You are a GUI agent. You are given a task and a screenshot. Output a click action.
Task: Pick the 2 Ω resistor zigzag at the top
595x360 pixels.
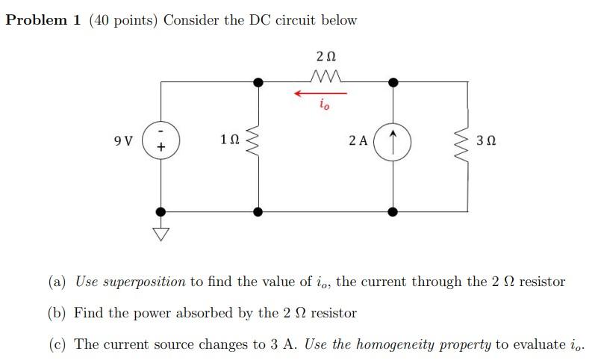(325, 76)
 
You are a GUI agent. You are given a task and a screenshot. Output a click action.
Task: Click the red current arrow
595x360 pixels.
(320, 93)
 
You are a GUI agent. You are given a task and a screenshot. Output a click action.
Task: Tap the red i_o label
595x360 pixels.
(323, 106)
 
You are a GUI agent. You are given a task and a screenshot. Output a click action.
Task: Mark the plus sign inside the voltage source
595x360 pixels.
(160, 149)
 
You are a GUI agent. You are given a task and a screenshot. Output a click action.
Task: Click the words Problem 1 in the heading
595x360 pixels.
(43, 20)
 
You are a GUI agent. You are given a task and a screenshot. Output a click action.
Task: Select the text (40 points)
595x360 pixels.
(122, 20)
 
